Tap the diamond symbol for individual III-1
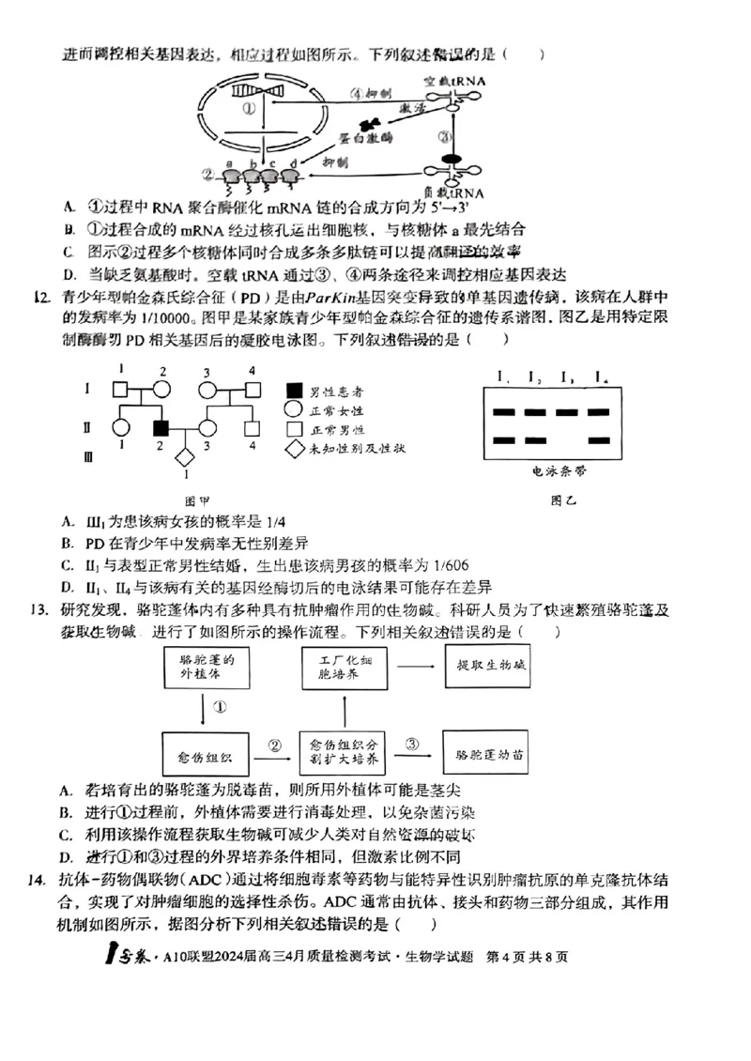[185, 457]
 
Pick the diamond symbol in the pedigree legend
[295, 448]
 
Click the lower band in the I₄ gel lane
[600, 440]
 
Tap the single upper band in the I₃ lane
[567, 411]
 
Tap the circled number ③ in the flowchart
[412, 744]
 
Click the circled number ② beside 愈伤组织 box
[275, 745]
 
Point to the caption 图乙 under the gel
[564, 500]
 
